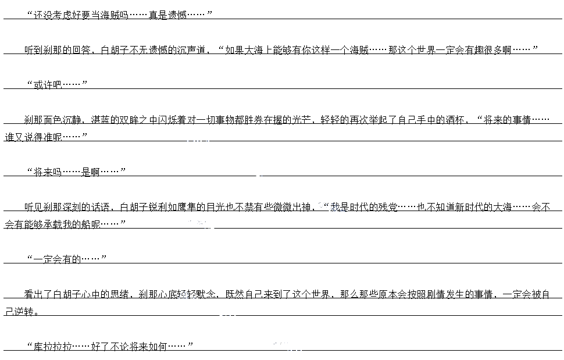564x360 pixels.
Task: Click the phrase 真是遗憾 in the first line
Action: coord(167,15)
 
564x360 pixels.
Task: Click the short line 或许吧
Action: coord(47,85)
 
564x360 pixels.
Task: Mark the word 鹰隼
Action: coord(194,207)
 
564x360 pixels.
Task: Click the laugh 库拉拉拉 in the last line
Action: coord(52,347)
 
